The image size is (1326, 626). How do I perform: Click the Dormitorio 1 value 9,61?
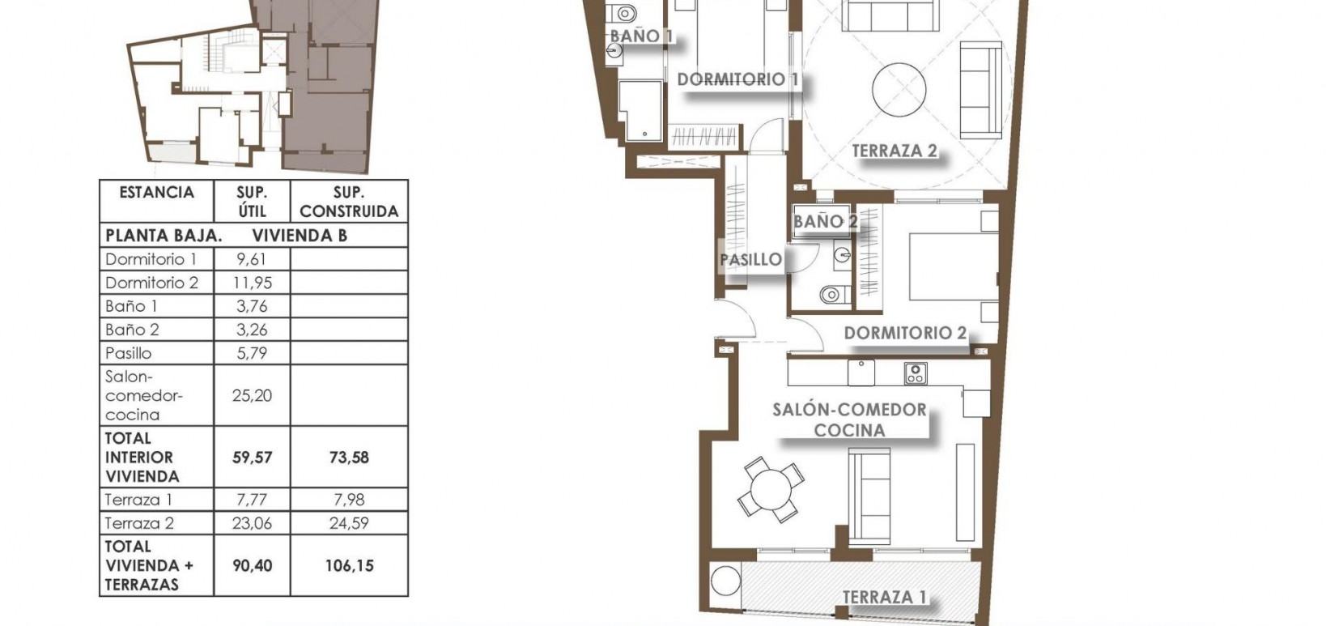(251, 259)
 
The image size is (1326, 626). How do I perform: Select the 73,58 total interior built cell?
(349, 457)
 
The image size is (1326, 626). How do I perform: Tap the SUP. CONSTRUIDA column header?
(349, 202)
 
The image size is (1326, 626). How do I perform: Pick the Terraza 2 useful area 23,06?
(251, 523)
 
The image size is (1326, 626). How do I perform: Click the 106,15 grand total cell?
(349, 565)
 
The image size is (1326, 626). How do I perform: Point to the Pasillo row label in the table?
(129, 353)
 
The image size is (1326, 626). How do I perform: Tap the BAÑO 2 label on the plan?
(825, 221)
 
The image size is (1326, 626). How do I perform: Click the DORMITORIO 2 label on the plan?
(905, 333)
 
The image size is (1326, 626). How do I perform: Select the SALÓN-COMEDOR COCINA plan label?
(849, 419)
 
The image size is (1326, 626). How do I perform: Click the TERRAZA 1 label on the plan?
(884, 598)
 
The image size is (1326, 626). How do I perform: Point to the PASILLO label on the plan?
(751, 260)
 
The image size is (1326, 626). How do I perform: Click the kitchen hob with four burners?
(916, 373)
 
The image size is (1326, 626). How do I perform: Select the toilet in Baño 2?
(831, 294)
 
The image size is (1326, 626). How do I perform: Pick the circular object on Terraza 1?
(725, 581)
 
